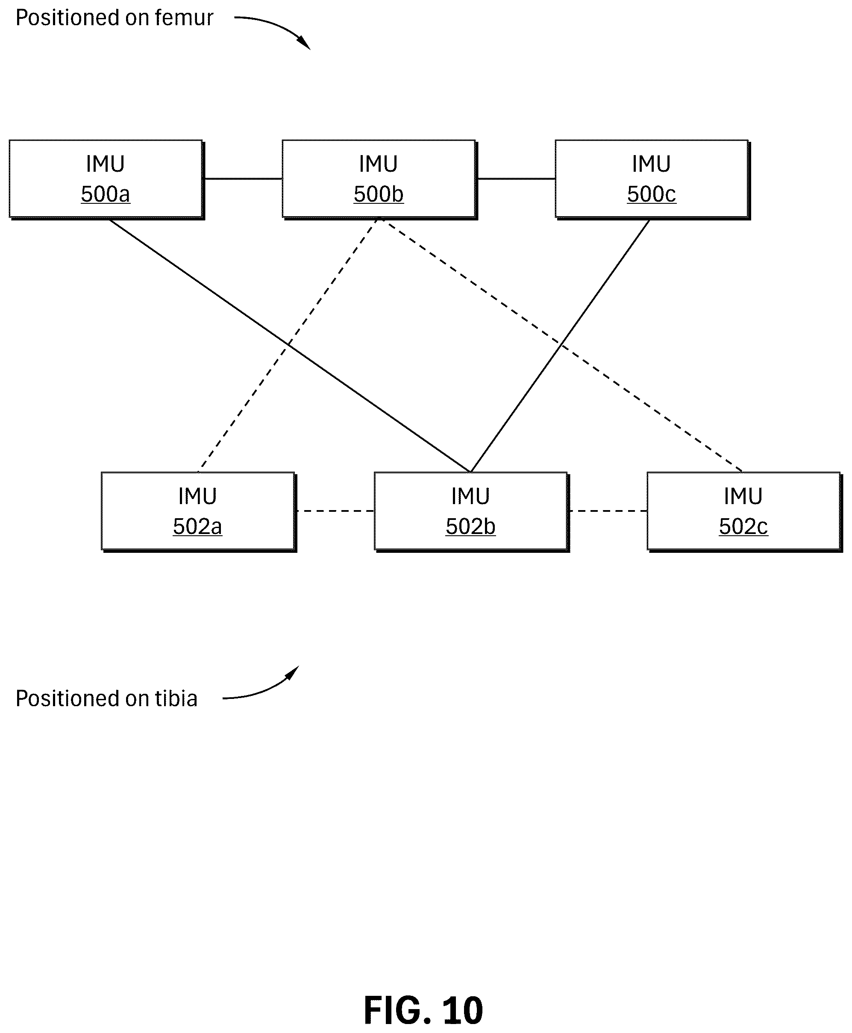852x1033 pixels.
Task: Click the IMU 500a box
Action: coord(106,179)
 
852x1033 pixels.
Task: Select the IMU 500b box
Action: coord(379,179)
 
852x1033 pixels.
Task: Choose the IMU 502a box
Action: coord(198,511)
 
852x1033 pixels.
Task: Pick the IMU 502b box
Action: coord(471,511)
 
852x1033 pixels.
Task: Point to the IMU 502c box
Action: coord(744,511)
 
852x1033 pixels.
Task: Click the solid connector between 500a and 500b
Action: coord(244,179)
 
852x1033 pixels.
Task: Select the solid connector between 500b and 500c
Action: coord(516,179)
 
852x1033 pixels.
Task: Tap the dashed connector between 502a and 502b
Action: coord(336,511)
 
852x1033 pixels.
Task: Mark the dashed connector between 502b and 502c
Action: coord(608,511)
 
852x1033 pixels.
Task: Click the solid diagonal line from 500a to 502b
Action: coord(290,346)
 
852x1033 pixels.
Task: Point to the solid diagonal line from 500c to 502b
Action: coord(560,346)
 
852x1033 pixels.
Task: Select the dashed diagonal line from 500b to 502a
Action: coord(288,346)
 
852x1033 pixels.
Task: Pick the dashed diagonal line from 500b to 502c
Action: coord(561,346)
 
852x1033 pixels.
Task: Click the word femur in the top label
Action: coord(184,18)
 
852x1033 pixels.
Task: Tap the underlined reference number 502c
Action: coord(743,527)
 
